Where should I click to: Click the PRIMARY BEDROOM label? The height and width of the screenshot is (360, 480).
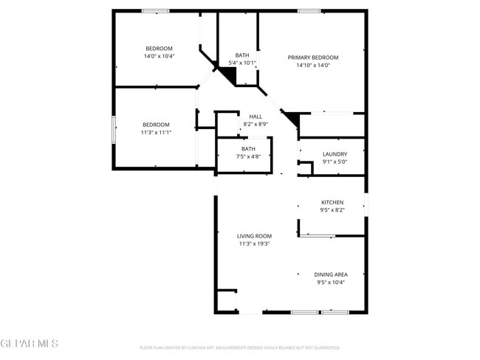coord(313,58)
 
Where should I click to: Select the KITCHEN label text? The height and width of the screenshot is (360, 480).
coord(332,202)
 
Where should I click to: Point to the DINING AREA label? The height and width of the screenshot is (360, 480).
coord(331,274)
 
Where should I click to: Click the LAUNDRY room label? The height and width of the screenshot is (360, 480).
coord(335,154)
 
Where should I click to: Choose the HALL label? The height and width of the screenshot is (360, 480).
coord(256,117)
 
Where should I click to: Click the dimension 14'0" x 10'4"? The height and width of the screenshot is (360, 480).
coord(159,56)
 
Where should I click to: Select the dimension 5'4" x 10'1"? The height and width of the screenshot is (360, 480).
coord(242,63)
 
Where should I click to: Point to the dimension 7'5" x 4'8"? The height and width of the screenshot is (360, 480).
coord(248,156)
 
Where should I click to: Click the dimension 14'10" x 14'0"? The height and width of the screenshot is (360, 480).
coord(313,65)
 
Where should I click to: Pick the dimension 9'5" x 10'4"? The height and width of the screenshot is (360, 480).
coord(331,282)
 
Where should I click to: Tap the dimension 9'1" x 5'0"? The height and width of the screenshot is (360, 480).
coord(335,162)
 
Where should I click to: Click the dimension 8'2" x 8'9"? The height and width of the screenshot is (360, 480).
coord(256,124)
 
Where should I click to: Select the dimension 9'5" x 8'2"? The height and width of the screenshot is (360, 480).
coord(332,210)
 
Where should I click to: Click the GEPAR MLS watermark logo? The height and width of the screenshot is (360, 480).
coord(29,344)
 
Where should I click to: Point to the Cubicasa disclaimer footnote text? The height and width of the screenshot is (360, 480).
coord(239,347)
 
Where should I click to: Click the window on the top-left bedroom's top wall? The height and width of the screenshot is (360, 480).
coord(155,10)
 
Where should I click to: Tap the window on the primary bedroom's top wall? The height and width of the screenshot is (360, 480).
coord(309,10)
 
